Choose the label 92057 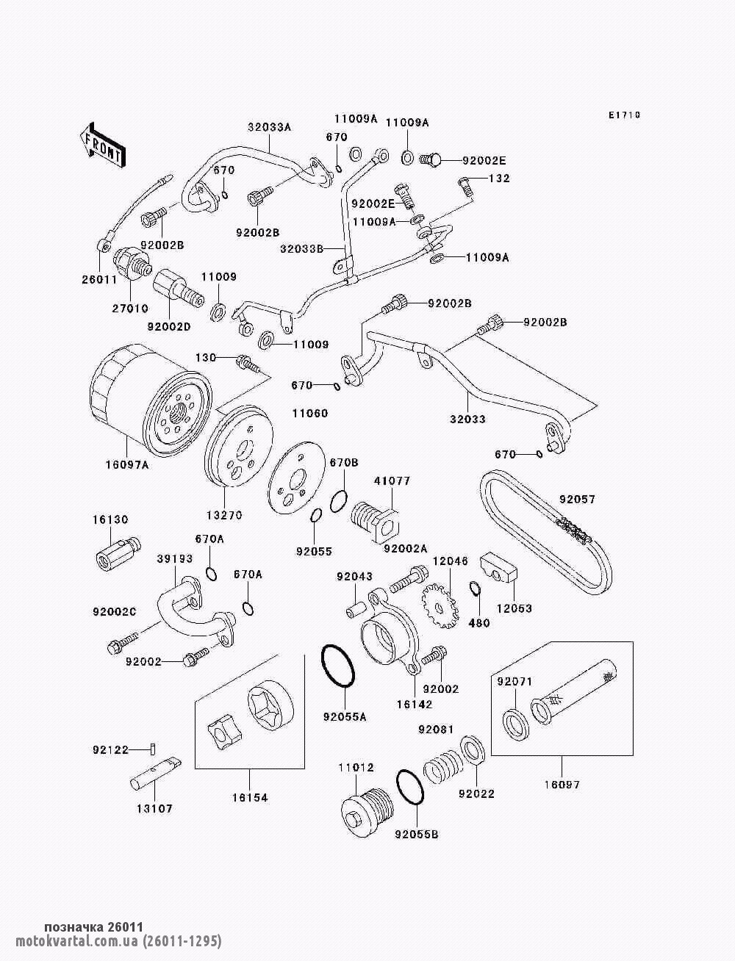point(577,500)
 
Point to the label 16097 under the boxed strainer point(562,785)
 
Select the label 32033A point(269,127)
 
